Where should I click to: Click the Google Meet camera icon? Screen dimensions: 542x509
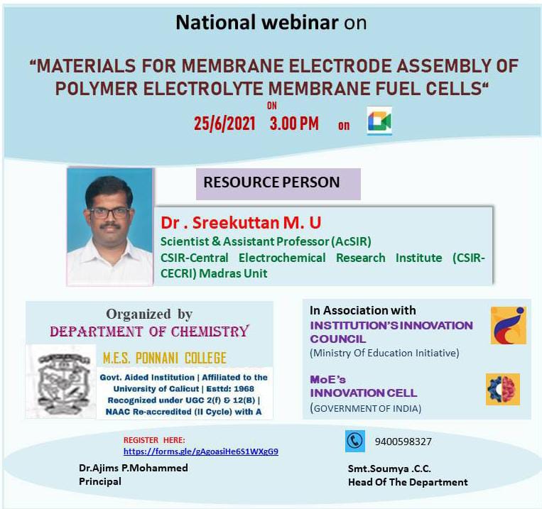(379, 121)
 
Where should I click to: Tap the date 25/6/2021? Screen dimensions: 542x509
(224, 124)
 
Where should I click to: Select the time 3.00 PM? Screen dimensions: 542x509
(294, 124)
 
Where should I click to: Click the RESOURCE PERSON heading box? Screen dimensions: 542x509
(278, 184)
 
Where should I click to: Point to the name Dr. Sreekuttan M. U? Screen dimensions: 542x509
(241, 222)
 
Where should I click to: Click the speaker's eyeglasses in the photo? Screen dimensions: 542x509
(109, 213)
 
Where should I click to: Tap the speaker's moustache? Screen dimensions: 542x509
(110, 226)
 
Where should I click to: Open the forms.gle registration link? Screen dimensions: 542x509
(201, 451)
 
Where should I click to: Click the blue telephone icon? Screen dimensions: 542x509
(355, 441)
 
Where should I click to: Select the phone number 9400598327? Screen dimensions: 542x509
(403, 442)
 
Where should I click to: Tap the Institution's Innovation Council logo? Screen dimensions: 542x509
(509, 325)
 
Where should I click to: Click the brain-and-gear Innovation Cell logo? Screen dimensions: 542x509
(503, 389)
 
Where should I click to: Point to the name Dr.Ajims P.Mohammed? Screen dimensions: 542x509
(134, 468)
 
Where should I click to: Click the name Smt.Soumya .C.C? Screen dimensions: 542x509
(389, 469)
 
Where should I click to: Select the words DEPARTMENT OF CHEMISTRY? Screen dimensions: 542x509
(149, 332)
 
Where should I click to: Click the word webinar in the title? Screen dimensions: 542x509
(300, 23)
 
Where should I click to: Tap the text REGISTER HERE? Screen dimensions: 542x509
(154, 440)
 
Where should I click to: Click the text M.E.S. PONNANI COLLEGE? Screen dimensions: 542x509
(165, 359)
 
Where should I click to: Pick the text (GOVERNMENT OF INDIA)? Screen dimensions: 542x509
(366, 408)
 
